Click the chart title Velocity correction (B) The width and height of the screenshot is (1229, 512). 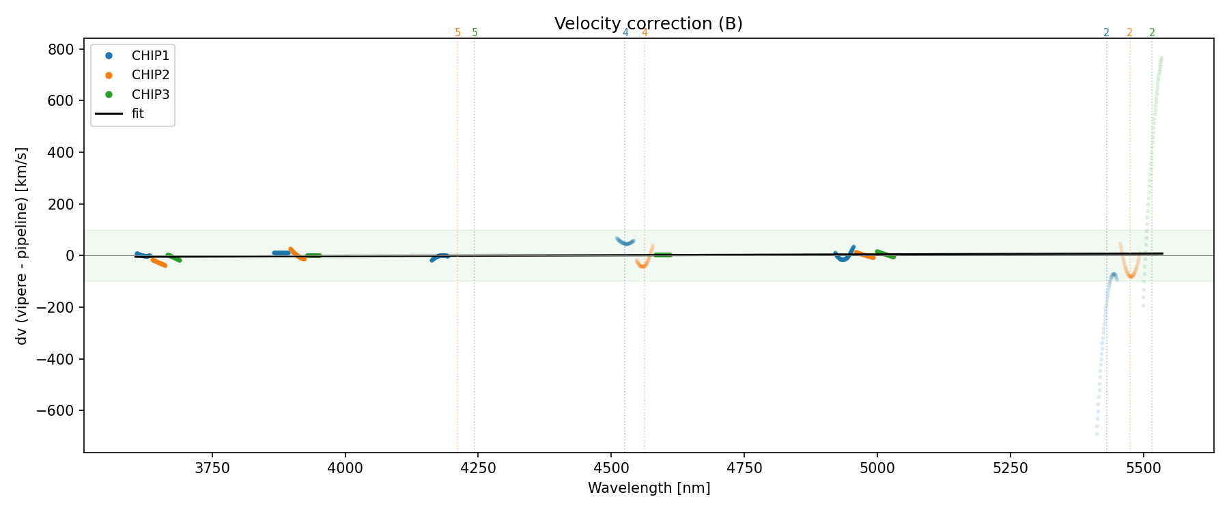click(648, 24)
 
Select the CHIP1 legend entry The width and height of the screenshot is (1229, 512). click(150, 56)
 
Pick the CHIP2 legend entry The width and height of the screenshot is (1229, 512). click(150, 75)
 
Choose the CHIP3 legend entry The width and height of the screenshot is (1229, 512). click(150, 94)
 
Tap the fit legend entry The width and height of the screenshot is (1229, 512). click(138, 114)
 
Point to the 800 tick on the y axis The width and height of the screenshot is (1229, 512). click(61, 49)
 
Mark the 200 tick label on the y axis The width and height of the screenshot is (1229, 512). click(61, 204)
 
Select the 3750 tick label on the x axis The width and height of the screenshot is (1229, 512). click(212, 468)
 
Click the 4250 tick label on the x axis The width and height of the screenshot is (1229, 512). click(478, 468)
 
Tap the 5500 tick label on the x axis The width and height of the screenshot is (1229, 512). click(1143, 468)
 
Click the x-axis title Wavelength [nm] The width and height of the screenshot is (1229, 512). click(649, 488)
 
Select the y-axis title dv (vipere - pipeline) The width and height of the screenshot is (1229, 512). click(22, 246)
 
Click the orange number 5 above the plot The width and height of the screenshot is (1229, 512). click(457, 33)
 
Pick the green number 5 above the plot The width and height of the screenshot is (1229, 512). click(475, 33)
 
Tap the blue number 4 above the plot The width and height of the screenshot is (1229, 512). click(625, 33)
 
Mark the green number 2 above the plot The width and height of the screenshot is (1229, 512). click(1152, 33)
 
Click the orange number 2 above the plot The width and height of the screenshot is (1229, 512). click(1129, 33)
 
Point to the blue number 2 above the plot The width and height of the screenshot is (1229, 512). click(1106, 33)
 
